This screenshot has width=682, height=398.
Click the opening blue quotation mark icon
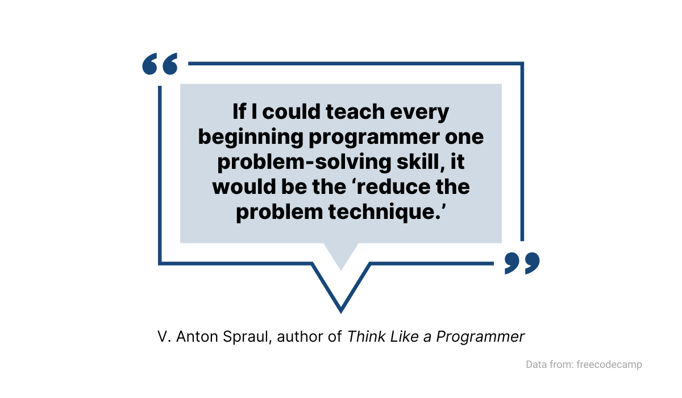click(160, 64)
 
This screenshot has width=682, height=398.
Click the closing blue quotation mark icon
click(522, 263)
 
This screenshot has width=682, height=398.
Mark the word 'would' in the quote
click(244, 186)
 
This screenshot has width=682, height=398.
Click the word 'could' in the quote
click(292, 111)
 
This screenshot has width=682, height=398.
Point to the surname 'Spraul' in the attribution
click(247, 337)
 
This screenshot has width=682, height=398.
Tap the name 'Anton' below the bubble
click(197, 337)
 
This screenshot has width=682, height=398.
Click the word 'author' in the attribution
click(300, 337)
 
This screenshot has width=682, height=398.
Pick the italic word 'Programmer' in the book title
click(480, 337)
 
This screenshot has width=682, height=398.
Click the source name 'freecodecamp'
click(609, 364)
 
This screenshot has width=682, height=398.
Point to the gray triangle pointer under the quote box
click(341, 253)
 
